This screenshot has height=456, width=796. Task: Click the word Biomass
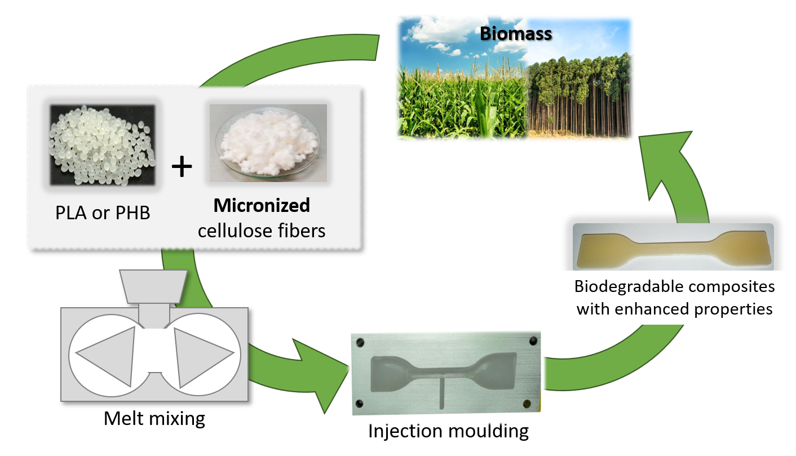tap(515, 34)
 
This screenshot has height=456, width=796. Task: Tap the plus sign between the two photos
tap(182, 167)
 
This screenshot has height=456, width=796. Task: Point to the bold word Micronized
tap(262, 205)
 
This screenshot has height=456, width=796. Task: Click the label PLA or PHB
tap(103, 214)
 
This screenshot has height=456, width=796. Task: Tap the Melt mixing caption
tap(154, 419)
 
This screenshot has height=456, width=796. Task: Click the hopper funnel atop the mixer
tap(154, 284)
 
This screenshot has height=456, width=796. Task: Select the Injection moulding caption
tap(448, 431)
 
